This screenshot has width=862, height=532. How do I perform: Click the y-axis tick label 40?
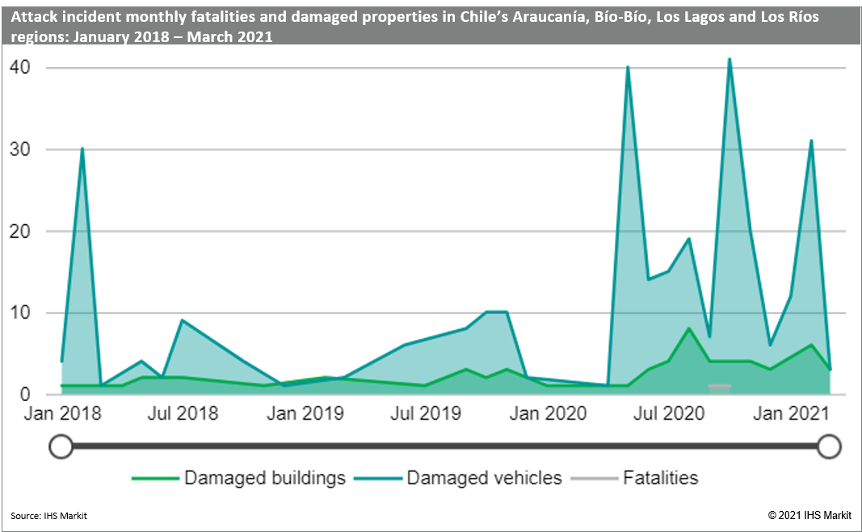coord(20,68)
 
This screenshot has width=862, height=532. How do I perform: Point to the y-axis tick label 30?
coord(20,150)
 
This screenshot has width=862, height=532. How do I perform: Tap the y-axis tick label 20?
coord(20,231)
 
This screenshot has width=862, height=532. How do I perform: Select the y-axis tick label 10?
coord(20,313)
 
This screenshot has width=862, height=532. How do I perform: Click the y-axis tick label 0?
coord(25,395)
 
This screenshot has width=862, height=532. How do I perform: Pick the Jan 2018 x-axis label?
coord(62,414)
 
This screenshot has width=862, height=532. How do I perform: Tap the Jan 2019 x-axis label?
coord(305,414)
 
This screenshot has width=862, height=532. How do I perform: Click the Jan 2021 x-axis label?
coord(792,414)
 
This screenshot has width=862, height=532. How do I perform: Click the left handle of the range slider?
coord(61,445)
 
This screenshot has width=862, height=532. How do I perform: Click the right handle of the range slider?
coord(830,445)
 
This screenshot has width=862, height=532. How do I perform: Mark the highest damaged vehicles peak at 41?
coord(730,59)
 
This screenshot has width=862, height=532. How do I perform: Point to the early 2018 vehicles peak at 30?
coord(82,149)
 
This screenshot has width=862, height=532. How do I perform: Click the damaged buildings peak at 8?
coord(688,328)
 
